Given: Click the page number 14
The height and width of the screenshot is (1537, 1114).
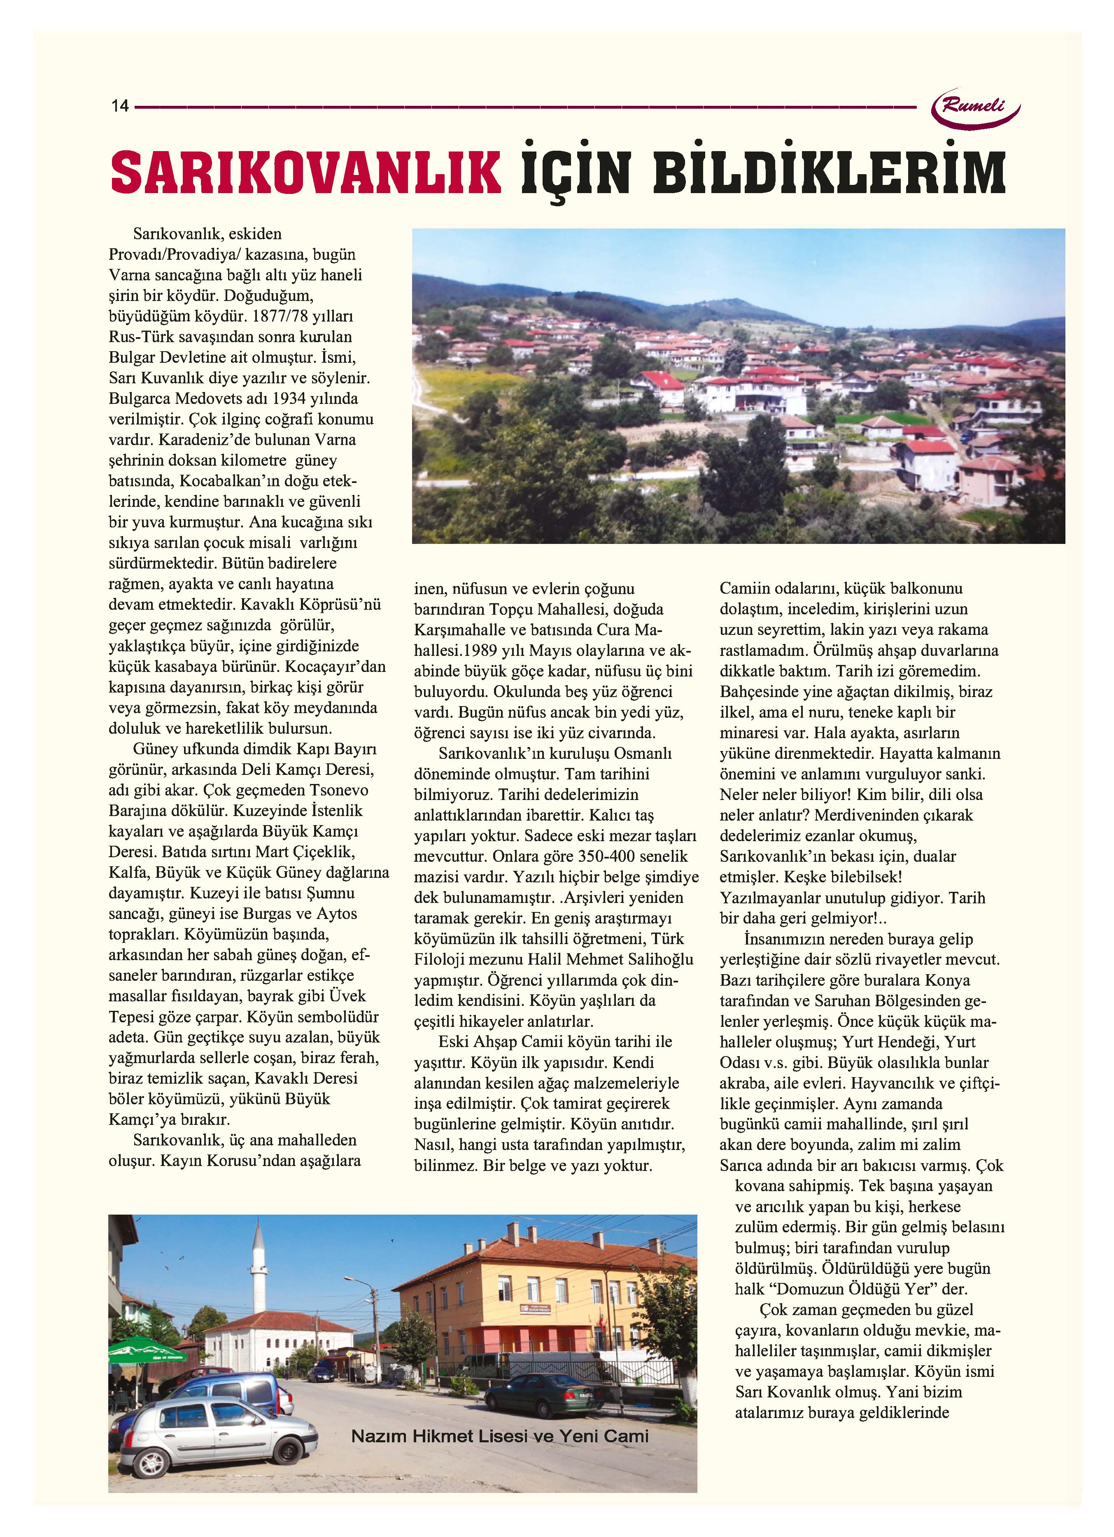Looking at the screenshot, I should [x=120, y=106].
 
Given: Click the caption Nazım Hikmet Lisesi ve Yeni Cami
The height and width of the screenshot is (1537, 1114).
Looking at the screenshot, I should [x=499, y=1436].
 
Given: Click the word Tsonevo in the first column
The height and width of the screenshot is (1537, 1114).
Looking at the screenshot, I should [x=339, y=790].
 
